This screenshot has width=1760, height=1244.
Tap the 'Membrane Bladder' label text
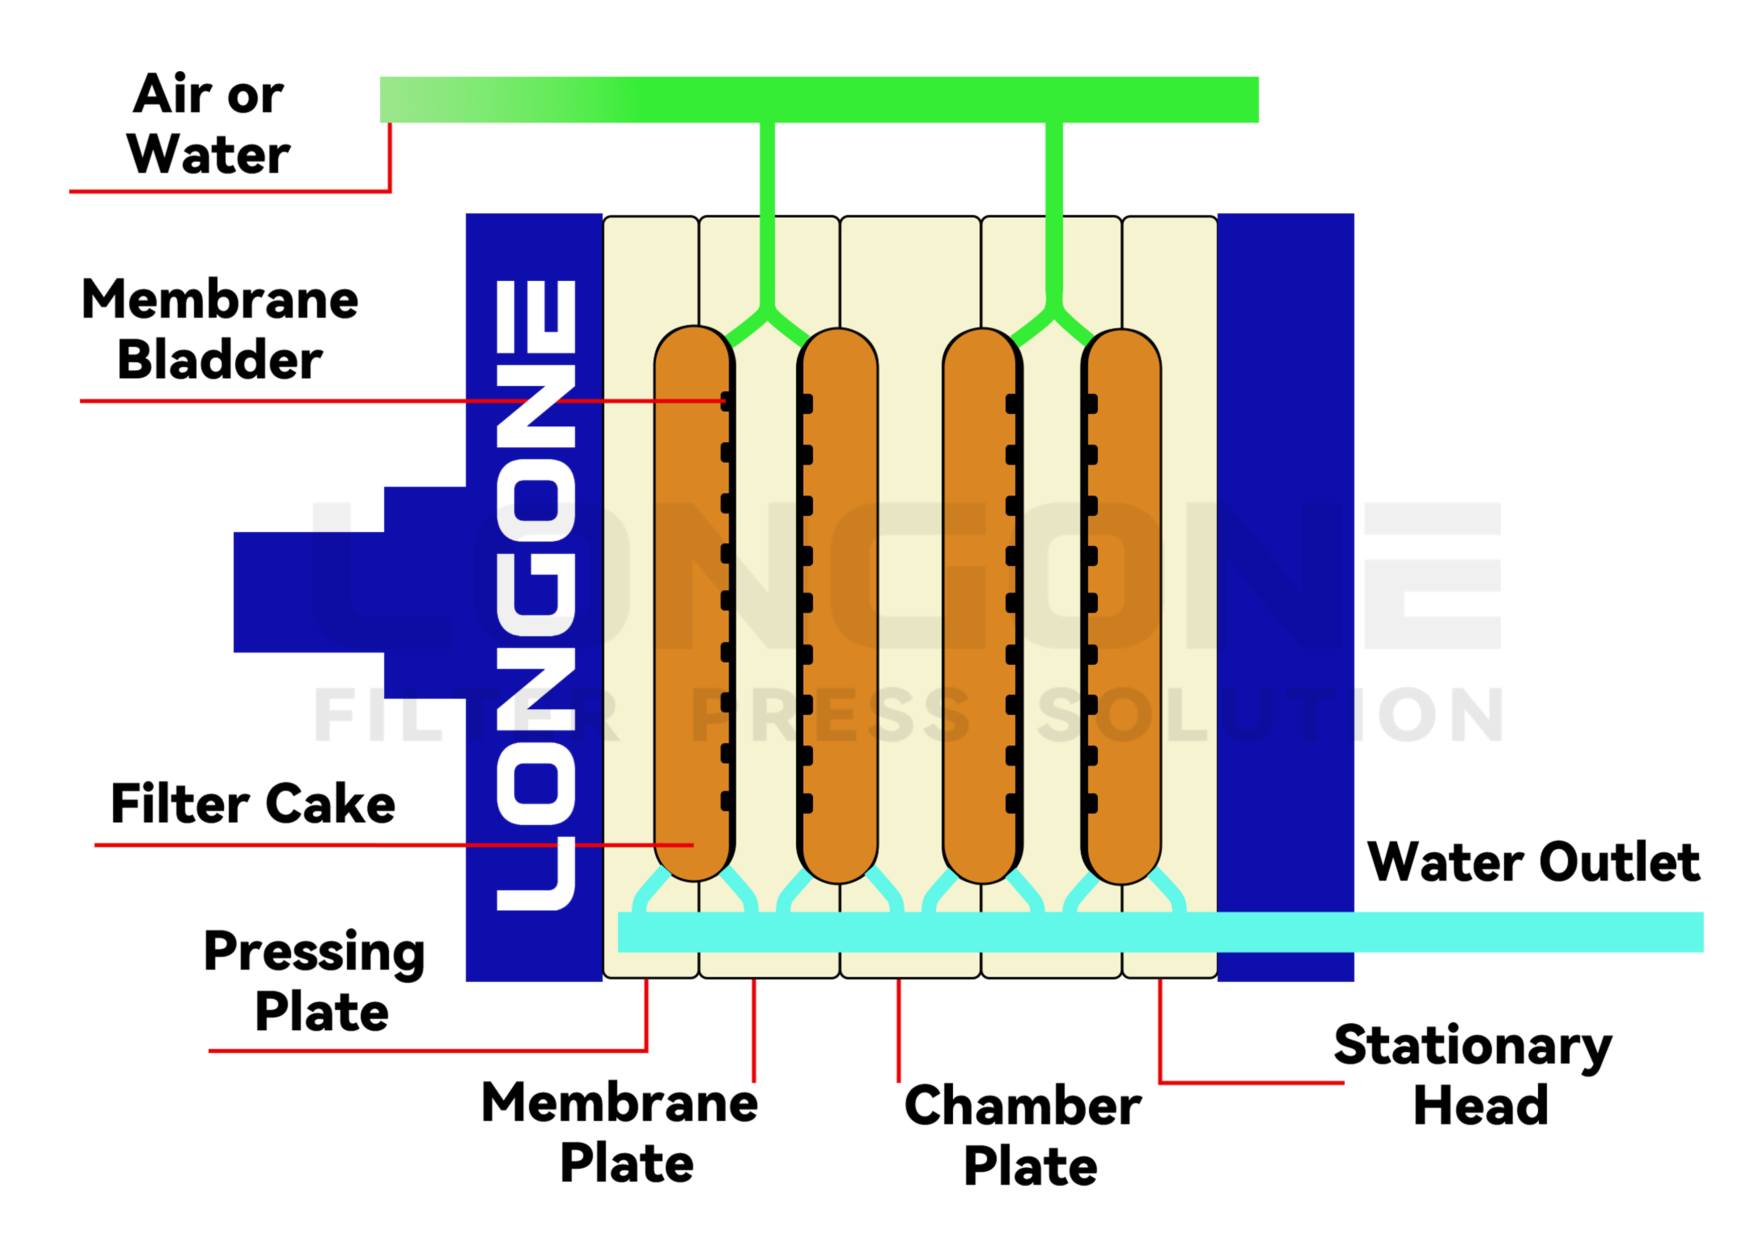(x=219, y=329)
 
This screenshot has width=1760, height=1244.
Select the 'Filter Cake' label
(x=252, y=804)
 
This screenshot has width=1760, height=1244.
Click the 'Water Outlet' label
(x=1534, y=862)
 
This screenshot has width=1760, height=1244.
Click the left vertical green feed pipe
(x=767, y=215)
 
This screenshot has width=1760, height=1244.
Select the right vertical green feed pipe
(x=1054, y=215)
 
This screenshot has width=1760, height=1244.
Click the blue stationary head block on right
(x=1285, y=537)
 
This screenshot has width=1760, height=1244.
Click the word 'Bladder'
(x=219, y=360)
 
